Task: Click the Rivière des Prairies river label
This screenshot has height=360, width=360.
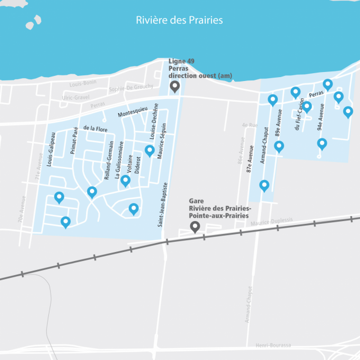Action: point(179,20)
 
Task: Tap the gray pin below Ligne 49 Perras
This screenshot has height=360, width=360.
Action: point(175,86)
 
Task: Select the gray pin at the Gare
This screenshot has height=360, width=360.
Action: point(195,227)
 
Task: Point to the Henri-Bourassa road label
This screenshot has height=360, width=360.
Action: point(273,345)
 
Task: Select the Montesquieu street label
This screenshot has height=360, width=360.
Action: point(132,110)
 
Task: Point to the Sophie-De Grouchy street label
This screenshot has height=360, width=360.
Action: point(131,87)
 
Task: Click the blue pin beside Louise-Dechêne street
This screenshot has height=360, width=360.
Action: point(150,150)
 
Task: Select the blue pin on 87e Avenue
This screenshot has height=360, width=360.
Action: point(264,185)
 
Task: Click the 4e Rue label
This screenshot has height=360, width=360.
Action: point(249,125)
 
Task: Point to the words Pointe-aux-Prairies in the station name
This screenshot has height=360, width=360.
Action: point(222,215)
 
